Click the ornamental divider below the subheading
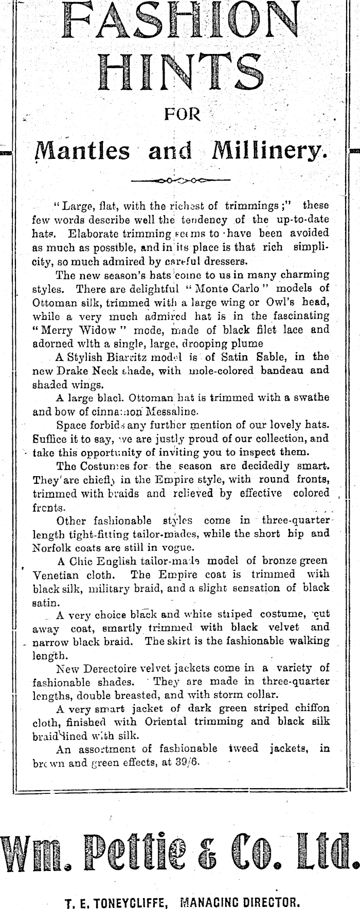(x=181, y=180)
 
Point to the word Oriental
(x=164, y=721)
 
